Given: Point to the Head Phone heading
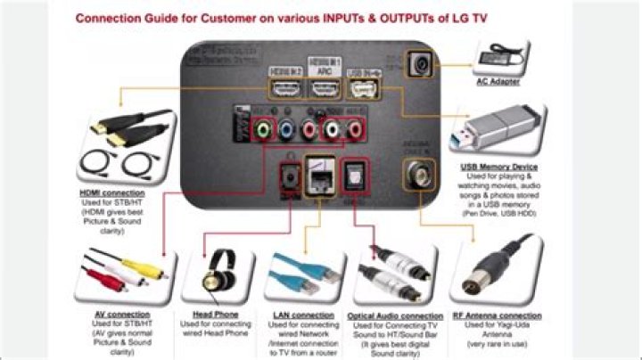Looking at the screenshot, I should click(x=215, y=315).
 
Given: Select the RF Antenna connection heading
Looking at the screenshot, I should click(x=497, y=315).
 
